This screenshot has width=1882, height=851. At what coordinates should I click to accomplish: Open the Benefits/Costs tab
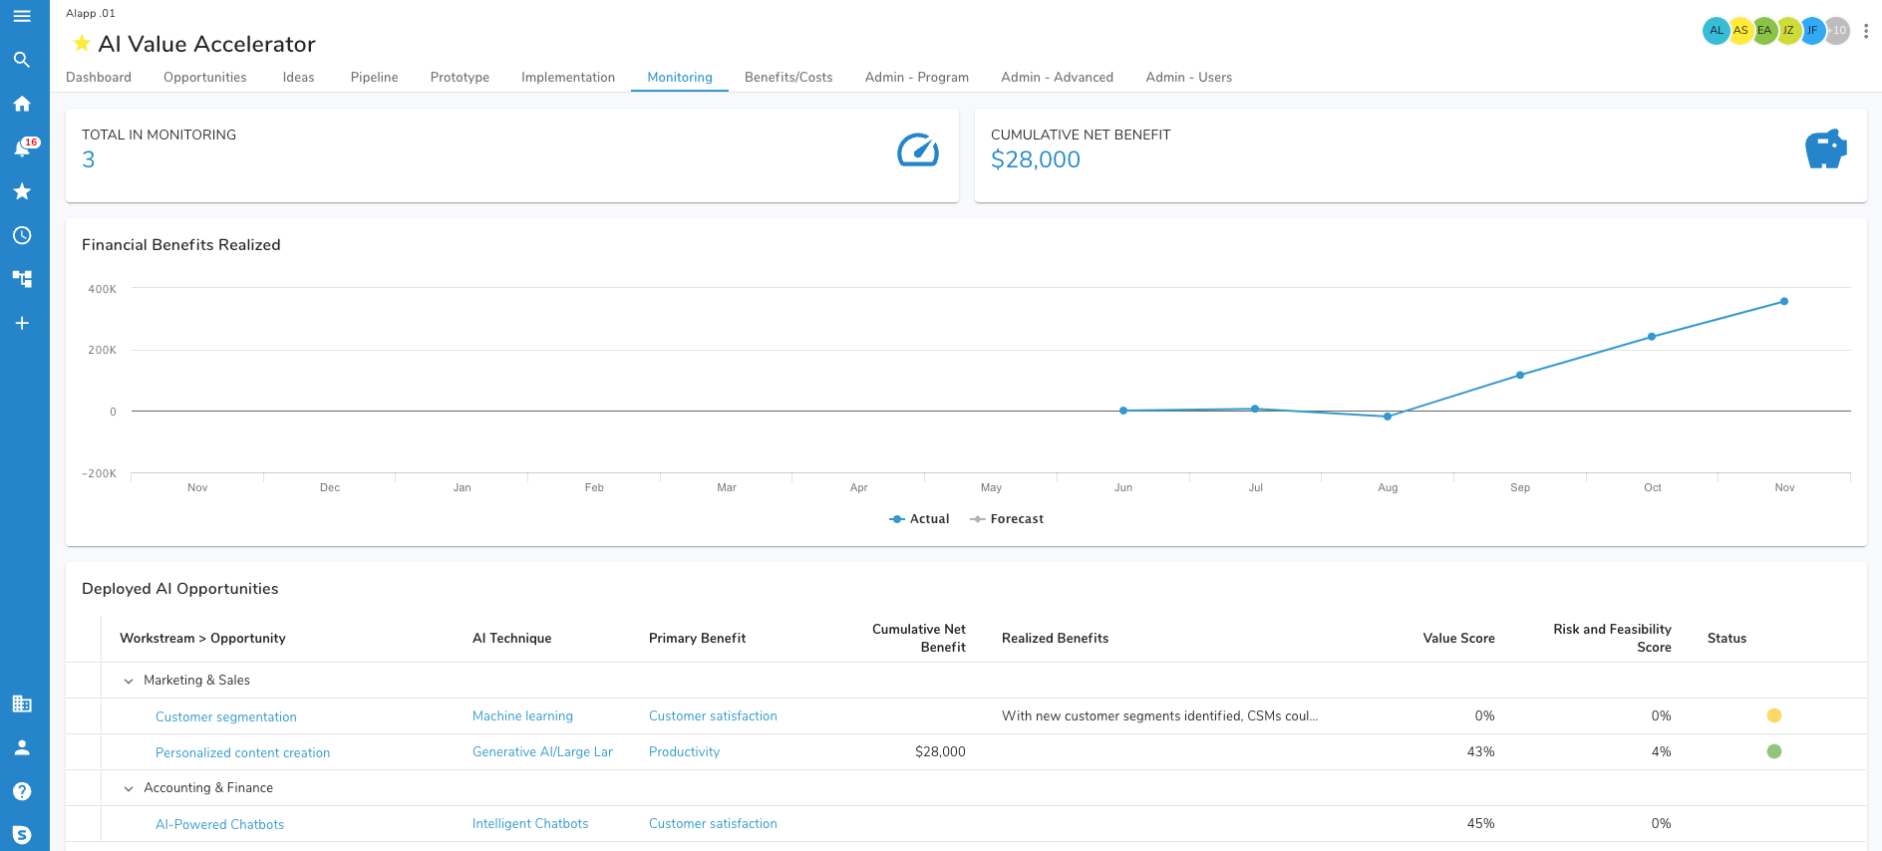click(x=787, y=77)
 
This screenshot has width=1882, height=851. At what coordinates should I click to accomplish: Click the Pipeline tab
click(x=374, y=77)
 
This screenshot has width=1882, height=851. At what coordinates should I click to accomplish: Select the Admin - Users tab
click(x=1188, y=77)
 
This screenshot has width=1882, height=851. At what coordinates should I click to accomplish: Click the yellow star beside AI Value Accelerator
click(x=82, y=44)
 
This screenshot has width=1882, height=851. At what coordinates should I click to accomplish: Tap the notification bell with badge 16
click(x=22, y=147)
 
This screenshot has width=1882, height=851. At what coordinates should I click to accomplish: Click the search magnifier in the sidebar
click(x=22, y=60)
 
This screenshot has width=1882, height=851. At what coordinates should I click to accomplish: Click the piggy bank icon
click(x=1825, y=149)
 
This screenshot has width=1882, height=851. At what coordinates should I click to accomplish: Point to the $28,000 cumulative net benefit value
click(x=1035, y=159)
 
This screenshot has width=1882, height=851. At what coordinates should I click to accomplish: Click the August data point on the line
click(x=1388, y=417)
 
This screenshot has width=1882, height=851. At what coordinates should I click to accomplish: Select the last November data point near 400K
click(x=1784, y=301)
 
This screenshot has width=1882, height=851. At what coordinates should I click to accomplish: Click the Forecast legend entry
click(x=1007, y=519)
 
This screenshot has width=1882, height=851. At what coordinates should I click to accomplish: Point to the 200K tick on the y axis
click(x=103, y=350)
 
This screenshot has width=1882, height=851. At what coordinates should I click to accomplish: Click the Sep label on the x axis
click(x=1520, y=487)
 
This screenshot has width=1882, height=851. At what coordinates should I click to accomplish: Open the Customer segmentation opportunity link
click(x=226, y=716)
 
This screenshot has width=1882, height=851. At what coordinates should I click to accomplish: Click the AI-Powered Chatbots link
click(x=219, y=824)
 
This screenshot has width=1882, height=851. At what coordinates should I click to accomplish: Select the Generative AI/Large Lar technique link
click(x=542, y=752)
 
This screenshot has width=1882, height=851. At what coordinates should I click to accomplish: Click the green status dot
click(x=1774, y=751)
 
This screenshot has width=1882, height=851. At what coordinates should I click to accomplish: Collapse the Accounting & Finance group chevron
click(x=129, y=788)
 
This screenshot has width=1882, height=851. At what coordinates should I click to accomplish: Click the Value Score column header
click(x=1458, y=638)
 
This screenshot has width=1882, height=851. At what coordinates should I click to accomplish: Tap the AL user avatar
click(x=1715, y=30)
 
